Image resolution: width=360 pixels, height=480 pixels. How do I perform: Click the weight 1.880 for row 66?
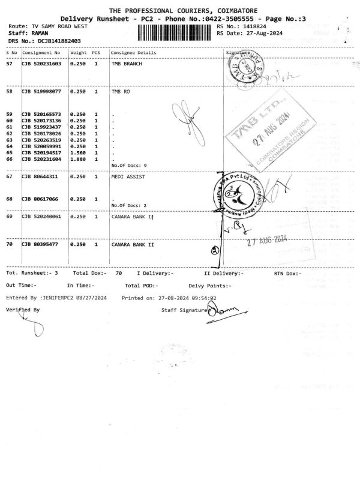pos(78,159)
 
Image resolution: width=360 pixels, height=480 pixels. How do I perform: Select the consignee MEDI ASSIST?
pos(128,177)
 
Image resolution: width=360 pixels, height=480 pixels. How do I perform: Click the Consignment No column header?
pos(41,53)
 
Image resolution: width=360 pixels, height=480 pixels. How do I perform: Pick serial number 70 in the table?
pos(10,245)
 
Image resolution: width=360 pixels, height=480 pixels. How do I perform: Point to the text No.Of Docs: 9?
pos(129,165)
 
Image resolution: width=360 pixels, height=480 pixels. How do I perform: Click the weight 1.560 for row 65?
pos(78,153)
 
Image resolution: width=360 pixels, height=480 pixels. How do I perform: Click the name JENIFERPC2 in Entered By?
pos(65,298)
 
